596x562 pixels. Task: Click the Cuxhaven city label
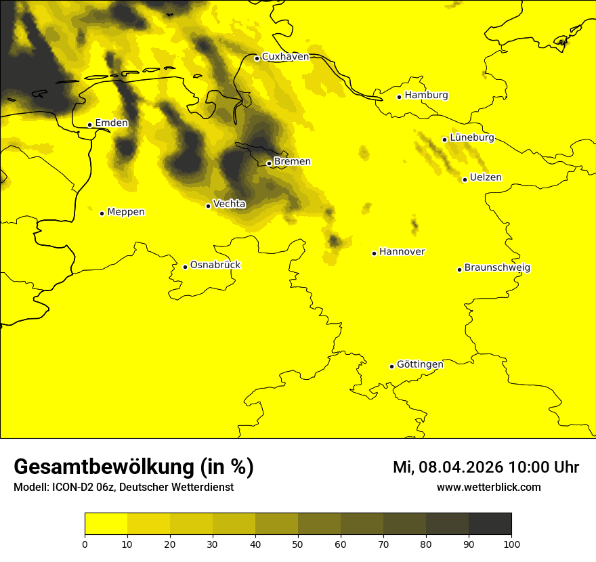[x=285, y=57]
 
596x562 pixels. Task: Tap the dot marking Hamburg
[x=400, y=97]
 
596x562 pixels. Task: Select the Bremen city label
[x=293, y=162]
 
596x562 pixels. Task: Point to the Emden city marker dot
[x=89, y=125]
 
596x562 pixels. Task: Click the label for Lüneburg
[x=472, y=137]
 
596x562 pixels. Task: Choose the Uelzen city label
[x=486, y=178]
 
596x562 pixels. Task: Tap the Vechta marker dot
[x=208, y=206]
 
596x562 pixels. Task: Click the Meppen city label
[x=126, y=212]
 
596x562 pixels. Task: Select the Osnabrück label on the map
[x=215, y=265]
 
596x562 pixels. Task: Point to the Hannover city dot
[x=374, y=253]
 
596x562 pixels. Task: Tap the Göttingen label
[x=420, y=364]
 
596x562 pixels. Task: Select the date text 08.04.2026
[x=461, y=467]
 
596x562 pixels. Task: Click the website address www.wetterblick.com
[x=488, y=488]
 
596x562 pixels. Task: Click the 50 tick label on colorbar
[x=298, y=544]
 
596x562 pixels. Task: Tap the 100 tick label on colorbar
[x=511, y=544]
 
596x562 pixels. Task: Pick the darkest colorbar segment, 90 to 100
[x=490, y=524]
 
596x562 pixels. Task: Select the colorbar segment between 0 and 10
[x=106, y=524]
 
